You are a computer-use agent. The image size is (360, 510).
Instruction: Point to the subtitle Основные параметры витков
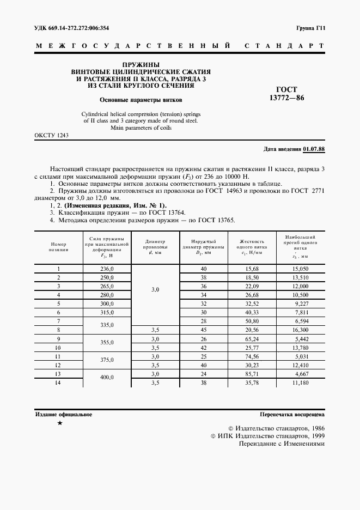141,100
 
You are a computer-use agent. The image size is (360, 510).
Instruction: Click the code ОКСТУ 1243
51,135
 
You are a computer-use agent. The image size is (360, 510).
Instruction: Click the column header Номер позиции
58,247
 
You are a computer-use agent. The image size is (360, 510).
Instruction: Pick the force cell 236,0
107,269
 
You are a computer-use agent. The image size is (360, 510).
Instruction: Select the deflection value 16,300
301,330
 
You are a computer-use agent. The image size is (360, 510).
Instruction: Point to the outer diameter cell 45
204,330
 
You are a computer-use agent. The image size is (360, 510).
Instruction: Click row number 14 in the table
58,384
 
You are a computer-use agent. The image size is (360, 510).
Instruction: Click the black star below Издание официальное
60,423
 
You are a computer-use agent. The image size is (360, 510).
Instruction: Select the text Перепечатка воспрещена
292,415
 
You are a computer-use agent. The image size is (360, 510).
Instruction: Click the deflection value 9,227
301,303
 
